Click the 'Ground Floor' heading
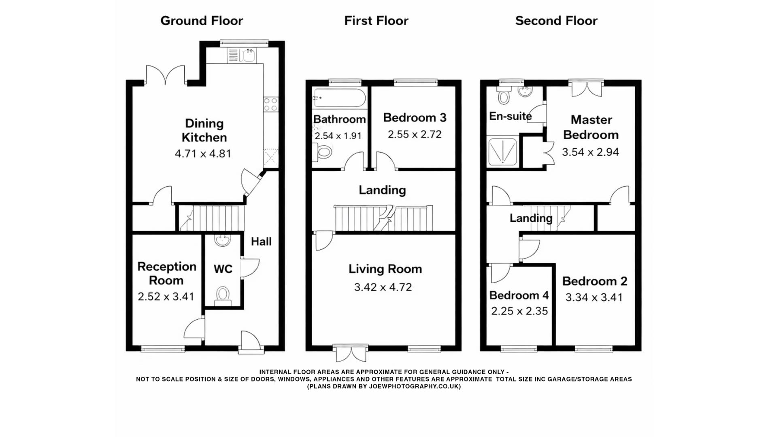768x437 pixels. click(x=201, y=21)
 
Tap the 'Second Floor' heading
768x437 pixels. click(x=556, y=21)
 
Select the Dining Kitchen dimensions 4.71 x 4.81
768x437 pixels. click(x=203, y=154)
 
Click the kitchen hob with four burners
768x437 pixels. click(x=271, y=104)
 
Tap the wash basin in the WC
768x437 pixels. click(x=223, y=241)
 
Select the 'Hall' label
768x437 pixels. click(x=261, y=242)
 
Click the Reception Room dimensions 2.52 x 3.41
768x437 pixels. click(x=166, y=297)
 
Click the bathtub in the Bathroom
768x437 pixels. click(x=339, y=98)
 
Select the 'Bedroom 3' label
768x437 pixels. click(x=415, y=118)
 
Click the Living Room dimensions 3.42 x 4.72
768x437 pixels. click(x=383, y=287)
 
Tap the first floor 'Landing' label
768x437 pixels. click(x=382, y=190)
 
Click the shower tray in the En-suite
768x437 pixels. click(x=502, y=152)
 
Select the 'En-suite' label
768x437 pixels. click(x=510, y=117)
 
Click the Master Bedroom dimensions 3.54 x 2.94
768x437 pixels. click(x=590, y=152)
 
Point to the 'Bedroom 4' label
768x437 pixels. click(x=519, y=295)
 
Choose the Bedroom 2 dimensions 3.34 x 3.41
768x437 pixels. click(x=594, y=297)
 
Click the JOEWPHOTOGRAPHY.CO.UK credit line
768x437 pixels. click(x=384, y=386)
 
